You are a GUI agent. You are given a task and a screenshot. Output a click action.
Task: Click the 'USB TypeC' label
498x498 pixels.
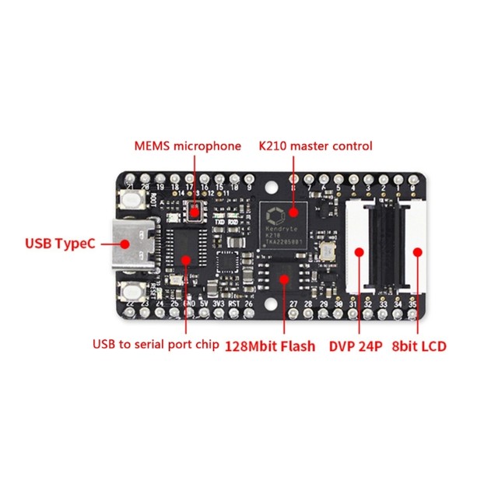pyautogui.click(x=61, y=244)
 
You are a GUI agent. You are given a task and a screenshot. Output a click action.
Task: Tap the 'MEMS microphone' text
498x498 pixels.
pyautogui.click(x=187, y=146)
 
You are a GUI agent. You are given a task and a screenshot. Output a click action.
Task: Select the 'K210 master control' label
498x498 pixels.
pyautogui.click(x=315, y=146)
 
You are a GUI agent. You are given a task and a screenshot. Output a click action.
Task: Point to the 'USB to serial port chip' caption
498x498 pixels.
pyautogui.click(x=156, y=345)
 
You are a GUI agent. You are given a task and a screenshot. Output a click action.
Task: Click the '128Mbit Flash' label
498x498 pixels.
pyautogui.click(x=271, y=345)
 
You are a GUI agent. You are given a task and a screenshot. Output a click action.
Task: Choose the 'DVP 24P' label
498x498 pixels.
pyautogui.click(x=356, y=345)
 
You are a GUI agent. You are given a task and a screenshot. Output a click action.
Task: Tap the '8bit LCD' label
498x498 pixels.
pyautogui.click(x=420, y=345)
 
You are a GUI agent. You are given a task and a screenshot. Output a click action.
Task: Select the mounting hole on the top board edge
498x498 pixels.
pyautogui.click(x=272, y=187)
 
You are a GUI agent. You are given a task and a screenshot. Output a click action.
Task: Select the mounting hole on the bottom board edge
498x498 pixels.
pyautogui.click(x=272, y=302)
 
